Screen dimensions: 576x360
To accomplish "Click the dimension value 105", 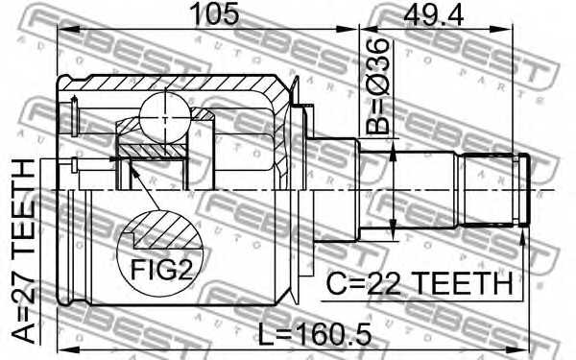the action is pyautogui.click(x=216, y=13).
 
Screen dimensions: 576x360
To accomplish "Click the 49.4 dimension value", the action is pyautogui.click(x=433, y=14).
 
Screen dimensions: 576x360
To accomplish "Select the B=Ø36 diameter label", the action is pyautogui.click(x=377, y=85).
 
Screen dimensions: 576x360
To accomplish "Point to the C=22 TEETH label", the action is pyautogui.click(x=420, y=283).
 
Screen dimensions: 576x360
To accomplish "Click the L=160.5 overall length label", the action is pyautogui.click(x=315, y=334).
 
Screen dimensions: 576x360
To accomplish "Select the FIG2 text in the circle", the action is pyautogui.click(x=161, y=269).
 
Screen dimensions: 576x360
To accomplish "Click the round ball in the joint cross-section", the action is pyautogui.click(x=165, y=118).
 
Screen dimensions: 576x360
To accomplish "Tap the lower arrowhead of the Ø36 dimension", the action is pyautogui.click(x=393, y=228).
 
